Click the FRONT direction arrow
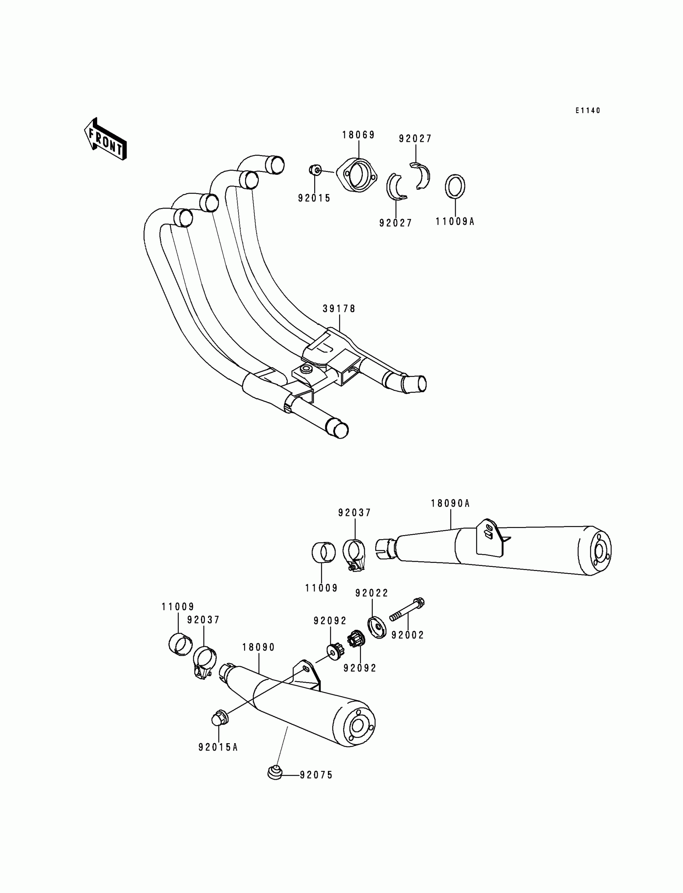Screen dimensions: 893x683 click(105, 139)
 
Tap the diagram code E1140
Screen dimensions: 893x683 click(587, 110)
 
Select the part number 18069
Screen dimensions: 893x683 click(358, 135)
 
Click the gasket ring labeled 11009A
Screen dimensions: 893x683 click(455, 186)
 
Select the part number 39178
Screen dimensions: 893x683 click(339, 309)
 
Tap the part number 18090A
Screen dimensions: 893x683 click(450, 504)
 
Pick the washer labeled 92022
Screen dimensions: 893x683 click(377, 627)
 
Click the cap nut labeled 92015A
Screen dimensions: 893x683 click(220, 718)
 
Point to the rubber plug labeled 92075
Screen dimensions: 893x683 click(275, 772)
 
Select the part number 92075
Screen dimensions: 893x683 click(316, 775)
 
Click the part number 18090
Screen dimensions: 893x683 click(259, 648)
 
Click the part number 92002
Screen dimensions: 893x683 click(407, 635)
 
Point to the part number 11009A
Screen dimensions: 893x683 click(455, 221)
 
